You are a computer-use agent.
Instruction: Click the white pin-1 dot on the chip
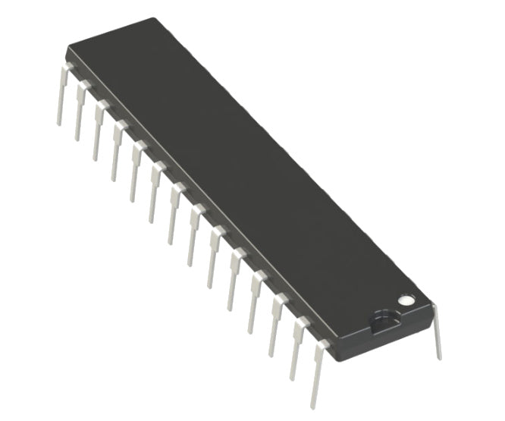(407, 300)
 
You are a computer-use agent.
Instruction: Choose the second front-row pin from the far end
(80, 114)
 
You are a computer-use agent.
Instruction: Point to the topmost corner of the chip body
(156, 19)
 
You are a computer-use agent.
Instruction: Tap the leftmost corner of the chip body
(67, 50)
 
